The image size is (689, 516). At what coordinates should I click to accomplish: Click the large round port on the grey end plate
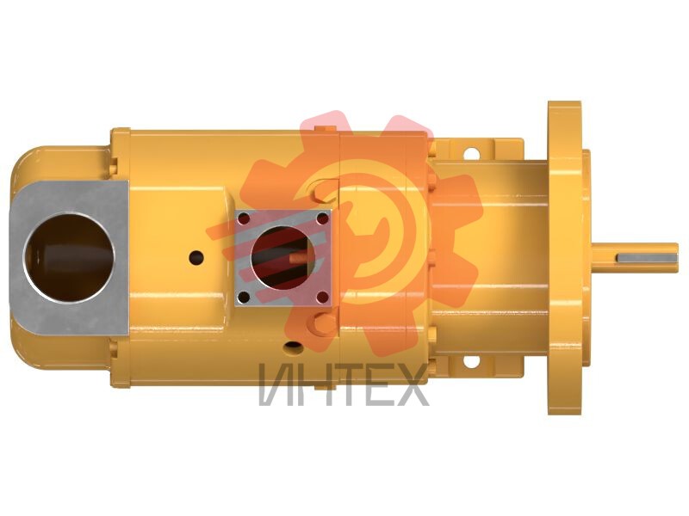coord(69,257)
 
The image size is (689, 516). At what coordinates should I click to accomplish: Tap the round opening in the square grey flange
coord(282,257)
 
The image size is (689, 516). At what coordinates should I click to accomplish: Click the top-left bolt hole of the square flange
coord(245,218)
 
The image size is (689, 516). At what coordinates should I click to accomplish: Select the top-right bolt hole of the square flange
coord(322,218)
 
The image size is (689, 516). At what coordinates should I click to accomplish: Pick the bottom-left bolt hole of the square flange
coord(244,298)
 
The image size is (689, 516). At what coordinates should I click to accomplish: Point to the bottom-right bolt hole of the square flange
coord(322,298)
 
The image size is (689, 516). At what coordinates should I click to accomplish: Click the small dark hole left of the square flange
coord(196,257)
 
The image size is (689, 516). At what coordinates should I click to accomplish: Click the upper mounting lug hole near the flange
coord(471,154)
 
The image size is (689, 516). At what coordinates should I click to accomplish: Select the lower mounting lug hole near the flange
coord(471,361)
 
